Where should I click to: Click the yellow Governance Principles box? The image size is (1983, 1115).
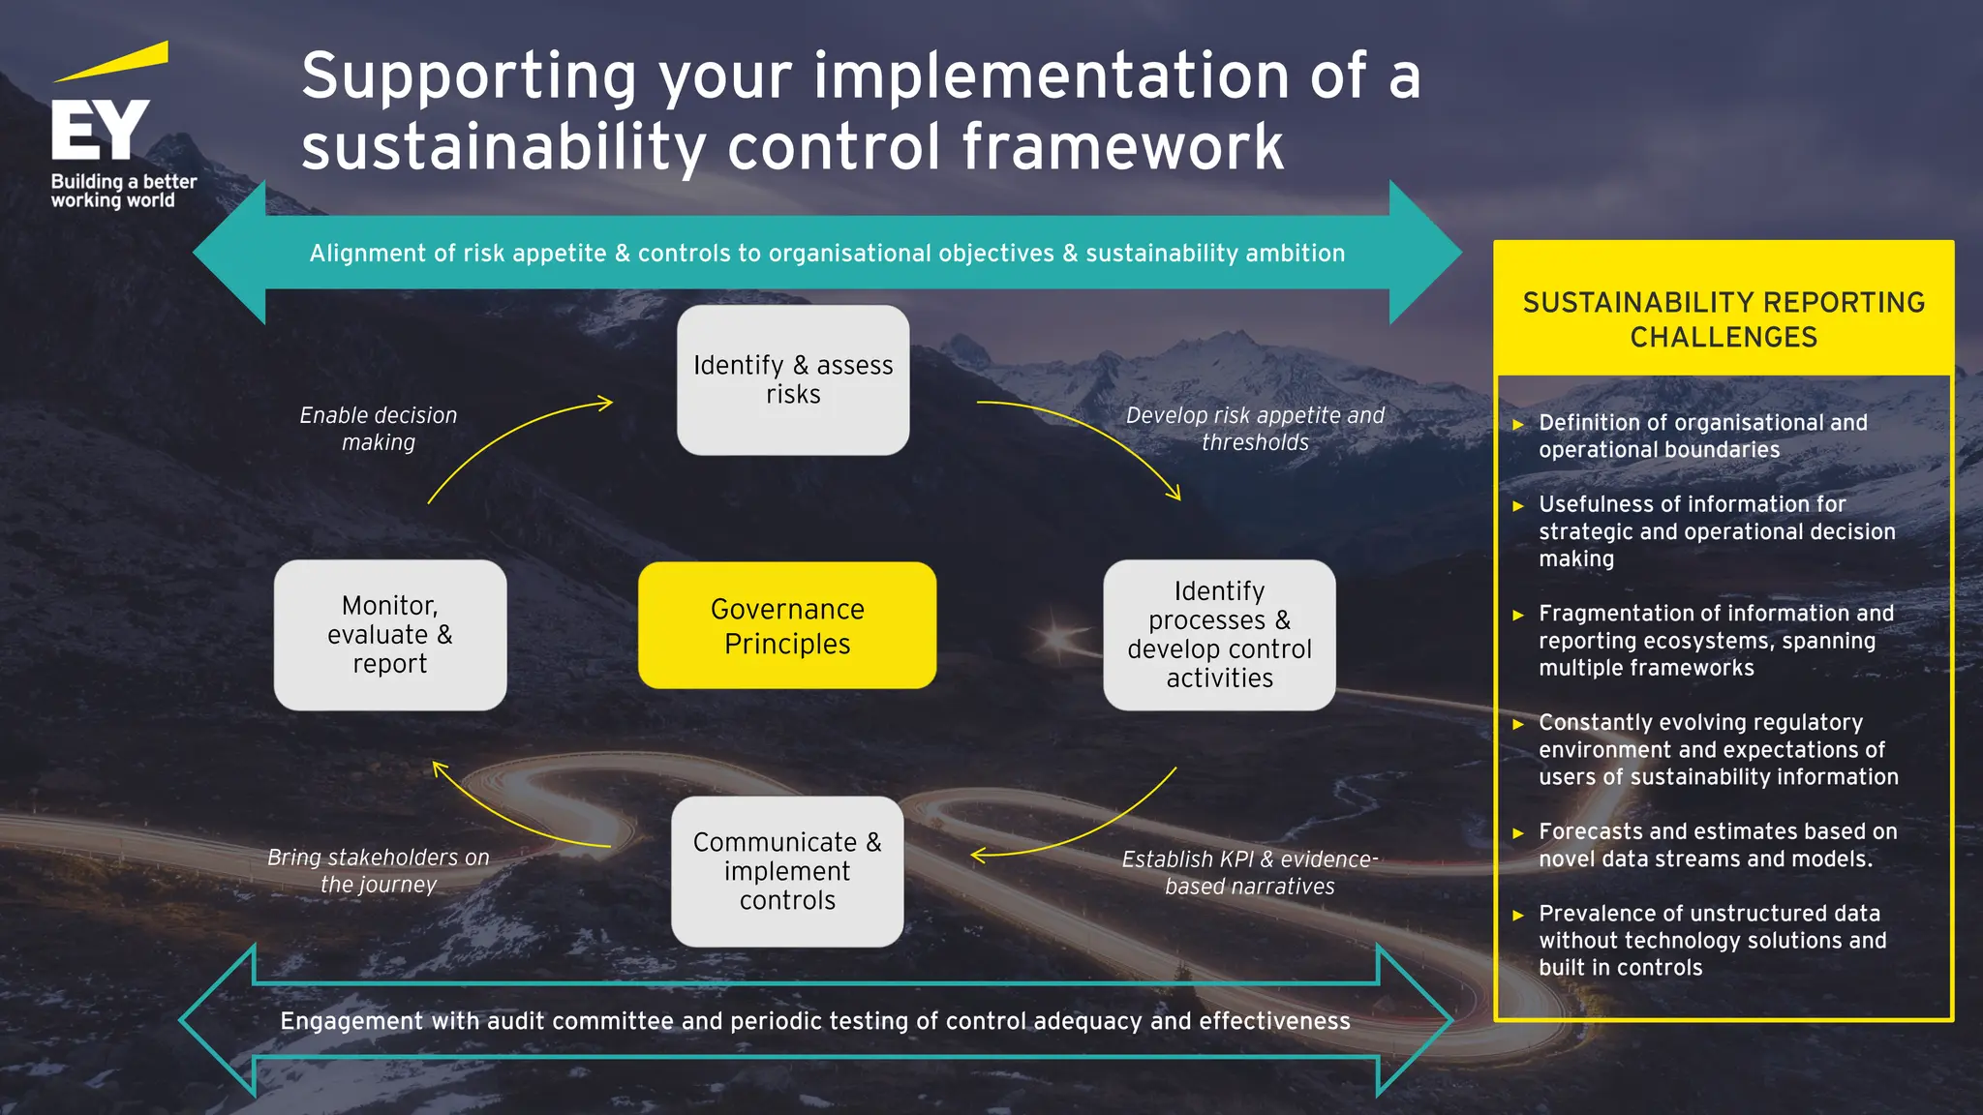(786, 625)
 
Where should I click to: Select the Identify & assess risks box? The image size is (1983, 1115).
(793, 379)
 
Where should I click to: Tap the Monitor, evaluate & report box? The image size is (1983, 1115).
(389, 635)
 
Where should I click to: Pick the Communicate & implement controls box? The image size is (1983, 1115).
(787, 871)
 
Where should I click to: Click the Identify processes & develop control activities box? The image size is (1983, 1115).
(1219, 635)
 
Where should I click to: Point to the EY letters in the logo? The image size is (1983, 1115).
(100, 130)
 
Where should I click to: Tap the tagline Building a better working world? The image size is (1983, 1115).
(123, 191)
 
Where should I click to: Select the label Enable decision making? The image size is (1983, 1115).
(378, 429)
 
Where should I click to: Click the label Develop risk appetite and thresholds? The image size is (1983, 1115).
(1255, 429)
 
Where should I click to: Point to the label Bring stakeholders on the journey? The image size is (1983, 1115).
(378, 870)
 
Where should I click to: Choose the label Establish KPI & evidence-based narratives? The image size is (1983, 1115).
(1249, 872)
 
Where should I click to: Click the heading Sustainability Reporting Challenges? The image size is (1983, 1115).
(1724, 319)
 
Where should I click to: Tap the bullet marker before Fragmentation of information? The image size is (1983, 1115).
(1518, 615)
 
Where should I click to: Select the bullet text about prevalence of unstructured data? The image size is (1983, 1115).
(1712, 940)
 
